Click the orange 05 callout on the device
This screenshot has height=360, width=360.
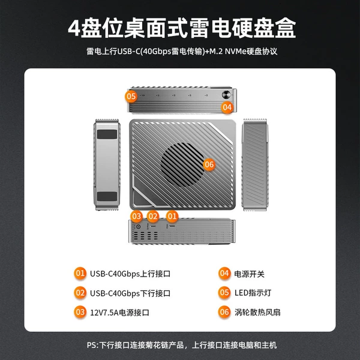(x=131, y=96)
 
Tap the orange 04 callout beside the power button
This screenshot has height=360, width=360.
(x=227, y=107)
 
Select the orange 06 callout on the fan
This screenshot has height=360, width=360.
(x=209, y=164)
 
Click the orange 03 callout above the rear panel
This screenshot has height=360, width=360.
(x=136, y=216)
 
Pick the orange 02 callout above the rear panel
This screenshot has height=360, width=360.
(x=153, y=216)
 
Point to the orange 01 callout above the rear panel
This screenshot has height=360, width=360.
(x=172, y=216)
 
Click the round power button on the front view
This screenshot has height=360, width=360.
(x=226, y=95)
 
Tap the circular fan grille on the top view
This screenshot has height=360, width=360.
(x=182, y=164)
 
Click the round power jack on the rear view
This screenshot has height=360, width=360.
(x=138, y=227)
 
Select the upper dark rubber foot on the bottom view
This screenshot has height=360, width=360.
(x=107, y=134)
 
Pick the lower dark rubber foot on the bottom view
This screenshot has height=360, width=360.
(x=107, y=197)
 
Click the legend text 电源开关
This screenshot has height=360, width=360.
(x=250, y=274)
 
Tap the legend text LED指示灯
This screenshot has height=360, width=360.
(x=253, y=293)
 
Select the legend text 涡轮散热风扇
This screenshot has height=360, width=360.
(x=257, y=312)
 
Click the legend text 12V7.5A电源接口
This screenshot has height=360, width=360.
(x=119, y=313)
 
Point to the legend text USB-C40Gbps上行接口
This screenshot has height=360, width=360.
(x=130, y=274)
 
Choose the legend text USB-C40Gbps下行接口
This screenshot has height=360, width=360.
(x=130, y=293)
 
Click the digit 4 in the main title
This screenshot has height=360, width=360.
(x=74, y=28)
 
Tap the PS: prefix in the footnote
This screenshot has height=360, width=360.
(x=92, y=346)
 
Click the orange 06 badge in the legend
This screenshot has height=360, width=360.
(x=224, y=312)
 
